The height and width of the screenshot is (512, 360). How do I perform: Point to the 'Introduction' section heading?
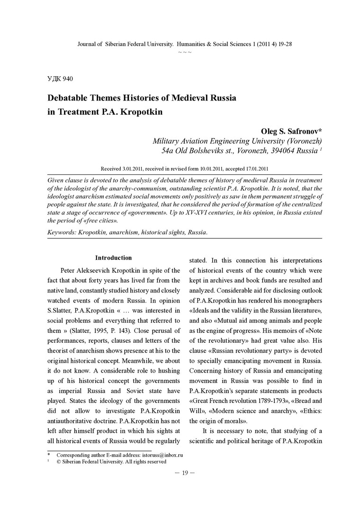coord(113,258)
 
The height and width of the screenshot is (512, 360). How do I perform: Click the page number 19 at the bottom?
coord(185,473)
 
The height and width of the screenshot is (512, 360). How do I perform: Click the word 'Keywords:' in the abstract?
coord(62,232)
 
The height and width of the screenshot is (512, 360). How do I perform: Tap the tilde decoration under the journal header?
coord(185,52)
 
